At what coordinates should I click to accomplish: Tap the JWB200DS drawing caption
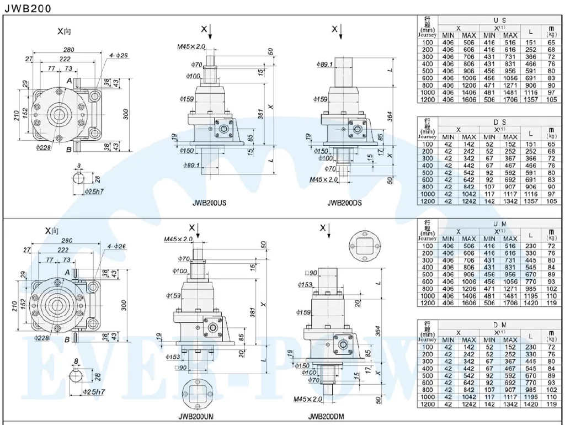click(x=345, y=203)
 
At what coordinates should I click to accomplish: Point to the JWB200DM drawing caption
click(x=327, y=417)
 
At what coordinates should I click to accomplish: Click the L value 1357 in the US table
click(x=530, y=100)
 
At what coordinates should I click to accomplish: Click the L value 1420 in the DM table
click(x=530, y=405)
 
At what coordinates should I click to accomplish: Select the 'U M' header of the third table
click(x=500, y=224)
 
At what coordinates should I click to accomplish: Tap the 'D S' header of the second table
click(x=500, y=122)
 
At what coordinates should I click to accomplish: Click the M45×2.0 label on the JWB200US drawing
click(x=191, y=47)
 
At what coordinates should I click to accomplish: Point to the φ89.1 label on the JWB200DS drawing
click(x=324, y=65)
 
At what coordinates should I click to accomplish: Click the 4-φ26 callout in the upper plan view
click(x=119, y=55)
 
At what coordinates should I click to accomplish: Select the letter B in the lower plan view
click(x=67, y=339)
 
